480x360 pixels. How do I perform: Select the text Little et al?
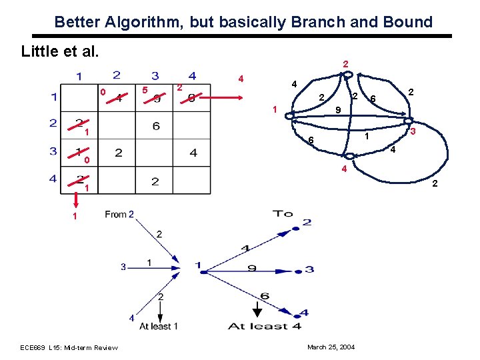[60, 51]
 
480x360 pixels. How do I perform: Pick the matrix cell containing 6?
[156, 126]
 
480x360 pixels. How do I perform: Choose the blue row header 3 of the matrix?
[53, 151]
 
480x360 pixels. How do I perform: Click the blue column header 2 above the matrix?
[117, 75]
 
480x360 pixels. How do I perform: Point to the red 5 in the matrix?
[145, 90]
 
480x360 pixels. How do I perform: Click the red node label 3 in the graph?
[413, 133]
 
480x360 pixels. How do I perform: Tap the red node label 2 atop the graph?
[345, 64]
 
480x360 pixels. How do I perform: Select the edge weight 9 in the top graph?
[338, 109]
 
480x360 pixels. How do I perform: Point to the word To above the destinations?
[283, 213]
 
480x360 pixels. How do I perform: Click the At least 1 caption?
[155, 326]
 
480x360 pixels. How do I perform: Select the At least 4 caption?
[265, 326]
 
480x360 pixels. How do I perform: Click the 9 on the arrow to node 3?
[251, 269]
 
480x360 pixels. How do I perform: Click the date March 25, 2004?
[331, 347]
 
